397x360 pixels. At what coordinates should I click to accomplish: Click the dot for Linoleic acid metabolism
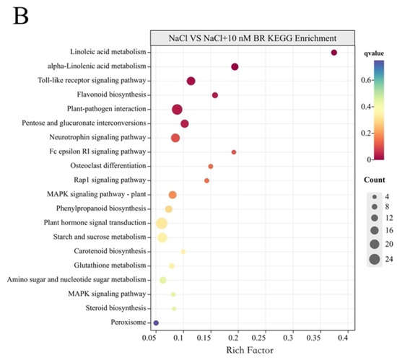click(333, 53)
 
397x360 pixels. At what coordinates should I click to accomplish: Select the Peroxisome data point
click(156, 322)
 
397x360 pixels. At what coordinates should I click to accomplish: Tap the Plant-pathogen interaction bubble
click(178, 109)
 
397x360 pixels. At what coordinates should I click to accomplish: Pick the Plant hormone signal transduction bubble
click(162, 223)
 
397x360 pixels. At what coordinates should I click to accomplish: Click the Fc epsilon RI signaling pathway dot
click(234, 152)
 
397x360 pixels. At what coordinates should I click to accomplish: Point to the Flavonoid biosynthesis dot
click(215, 95)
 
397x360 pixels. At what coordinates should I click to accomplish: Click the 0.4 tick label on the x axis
click(346, 336)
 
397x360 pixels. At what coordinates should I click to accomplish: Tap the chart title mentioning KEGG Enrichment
click(252, 38)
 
